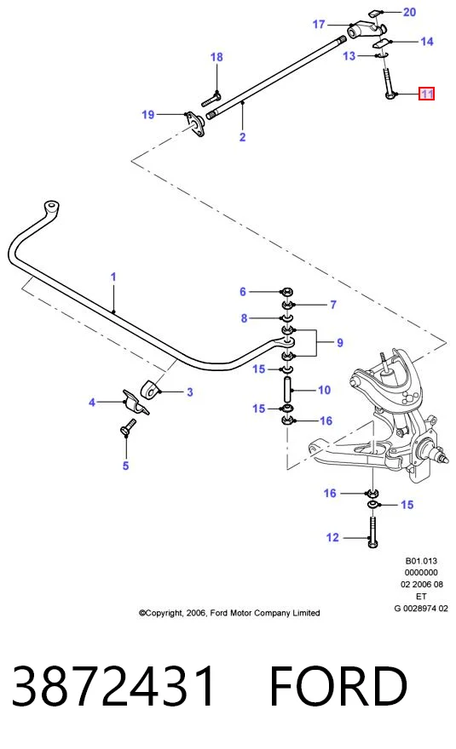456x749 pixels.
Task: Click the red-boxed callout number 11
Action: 426,94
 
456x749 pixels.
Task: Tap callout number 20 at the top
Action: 410,12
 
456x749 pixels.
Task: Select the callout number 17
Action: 319,24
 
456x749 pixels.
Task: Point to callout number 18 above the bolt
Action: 216,57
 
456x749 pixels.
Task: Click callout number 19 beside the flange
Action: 147,114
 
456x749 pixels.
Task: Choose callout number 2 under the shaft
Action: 243,137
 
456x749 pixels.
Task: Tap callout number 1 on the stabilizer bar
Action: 113,277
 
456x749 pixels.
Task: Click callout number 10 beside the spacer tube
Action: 324,390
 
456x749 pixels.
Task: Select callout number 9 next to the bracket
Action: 340,342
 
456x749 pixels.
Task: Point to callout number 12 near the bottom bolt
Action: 332,537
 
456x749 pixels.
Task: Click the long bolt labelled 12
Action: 372,531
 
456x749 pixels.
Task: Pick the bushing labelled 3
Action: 149,391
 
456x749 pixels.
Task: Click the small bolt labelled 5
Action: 128,427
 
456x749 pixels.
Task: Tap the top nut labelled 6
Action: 287,291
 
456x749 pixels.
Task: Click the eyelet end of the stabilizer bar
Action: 51,208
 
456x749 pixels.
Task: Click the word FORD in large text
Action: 338,685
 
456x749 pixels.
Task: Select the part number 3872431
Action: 113,685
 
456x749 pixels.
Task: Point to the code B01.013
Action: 421,561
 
